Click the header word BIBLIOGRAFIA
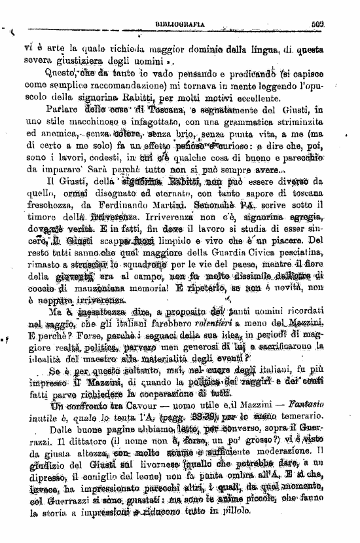tap(179, 24)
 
